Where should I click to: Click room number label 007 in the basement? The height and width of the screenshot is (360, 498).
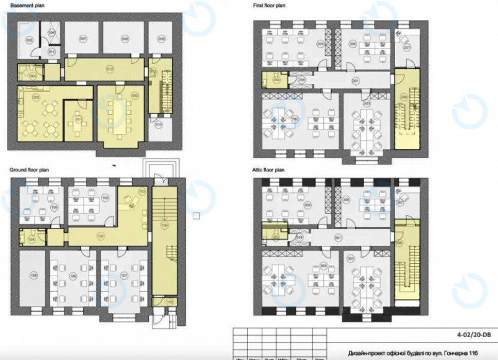(x=83, y=38)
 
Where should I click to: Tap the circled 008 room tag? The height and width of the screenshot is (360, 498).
(x=125, y=38)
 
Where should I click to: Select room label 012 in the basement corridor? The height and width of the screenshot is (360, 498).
(x=110, y=68)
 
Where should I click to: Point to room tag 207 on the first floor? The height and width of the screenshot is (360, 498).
(x=407, y=48)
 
